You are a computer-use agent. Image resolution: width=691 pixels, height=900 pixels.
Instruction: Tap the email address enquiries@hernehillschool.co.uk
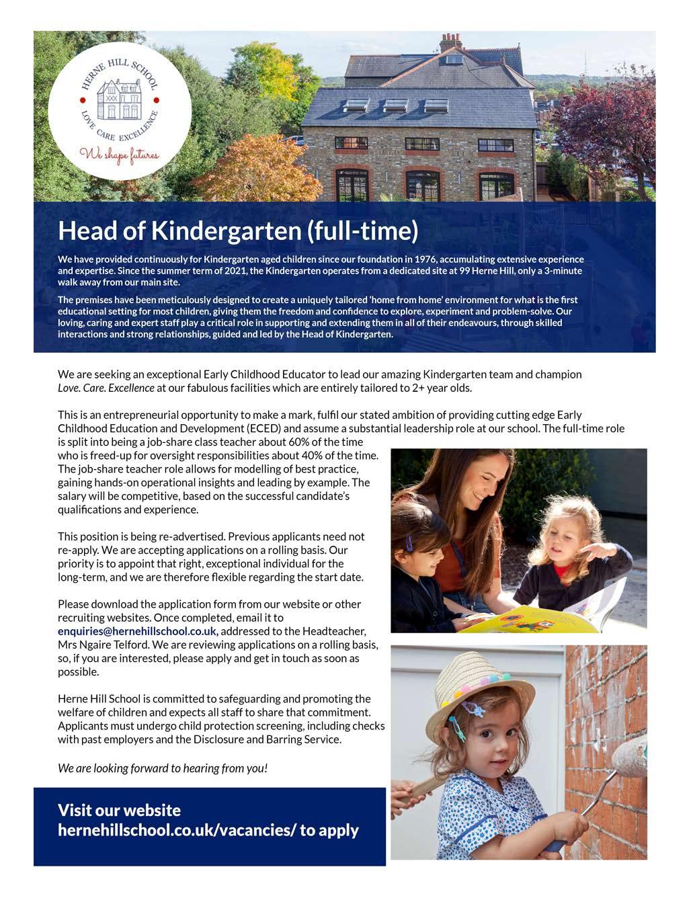click(137, 631)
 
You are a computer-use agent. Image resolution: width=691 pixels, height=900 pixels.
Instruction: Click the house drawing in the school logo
click(118, 99)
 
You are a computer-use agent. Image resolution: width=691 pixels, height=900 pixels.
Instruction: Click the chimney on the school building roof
click(450, 42)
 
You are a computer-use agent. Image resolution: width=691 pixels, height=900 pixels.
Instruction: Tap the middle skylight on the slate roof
click(395, 106)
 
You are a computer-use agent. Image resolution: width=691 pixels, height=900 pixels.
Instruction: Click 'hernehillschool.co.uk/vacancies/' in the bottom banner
click(177, 830)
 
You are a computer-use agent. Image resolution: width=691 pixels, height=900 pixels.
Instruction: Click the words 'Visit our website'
click(119, 810)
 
